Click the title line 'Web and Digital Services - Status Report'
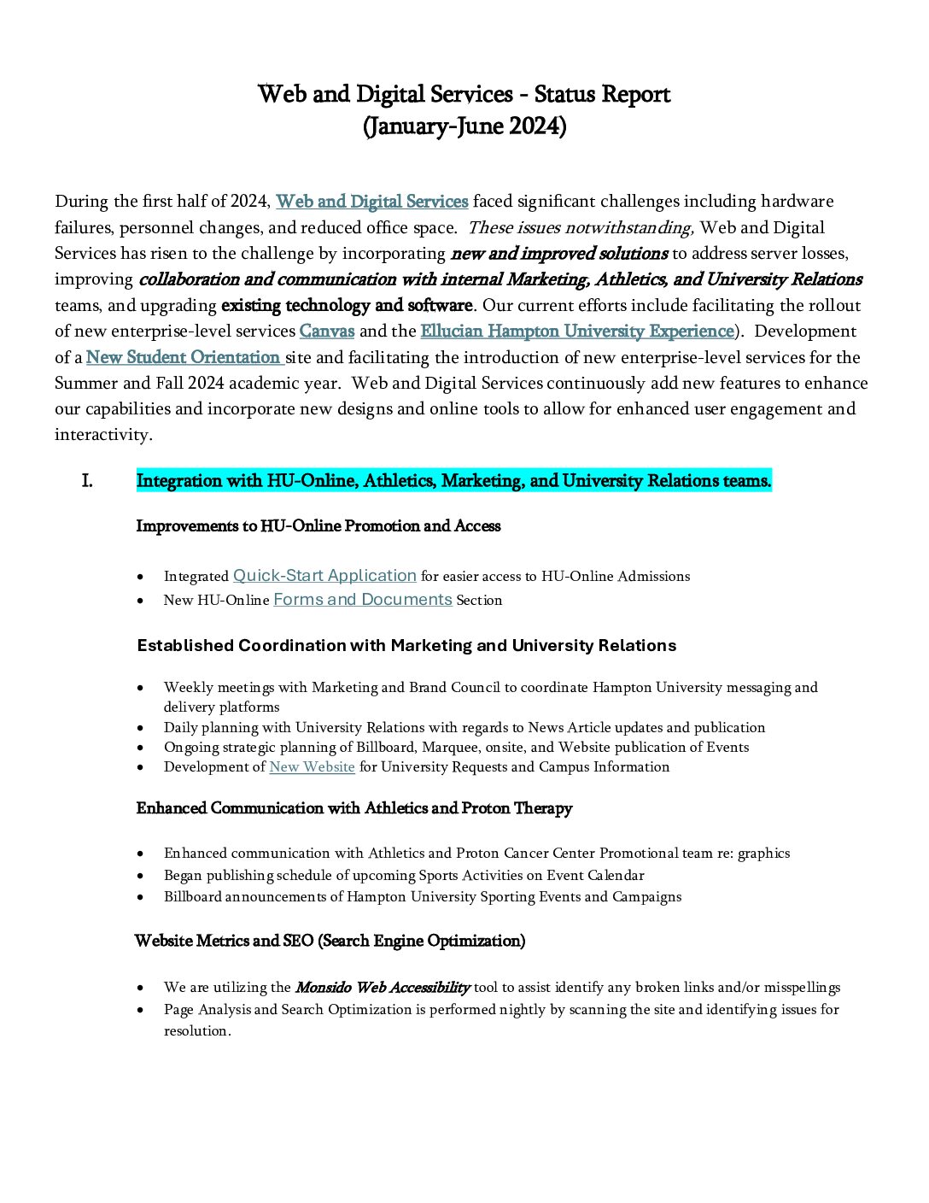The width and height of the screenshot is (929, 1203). pyautogui.click(x=464, y=94)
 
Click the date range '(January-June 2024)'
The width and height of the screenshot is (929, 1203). pyautogui.click(x=464, y=126)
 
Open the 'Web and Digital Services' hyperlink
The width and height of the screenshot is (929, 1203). pyautogui.click(x=371, y=202)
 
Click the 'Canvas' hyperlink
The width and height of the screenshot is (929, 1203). pyautogui.click(x=326, y=332)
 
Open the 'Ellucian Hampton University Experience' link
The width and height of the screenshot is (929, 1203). pyautogui.click(x=577, y=332)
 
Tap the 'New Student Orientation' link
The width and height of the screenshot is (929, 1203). pyautogui.click(x=184, y=357)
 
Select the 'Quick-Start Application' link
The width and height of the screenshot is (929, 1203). pyautogui.click(x=324, y=576)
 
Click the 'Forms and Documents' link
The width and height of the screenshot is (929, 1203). pyautogui.click(x=362, y=600)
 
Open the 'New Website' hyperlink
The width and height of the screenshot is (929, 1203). pyautogui.click(x=312, y=767)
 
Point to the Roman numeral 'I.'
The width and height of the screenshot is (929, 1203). pyautogui.click(x=87, y=481)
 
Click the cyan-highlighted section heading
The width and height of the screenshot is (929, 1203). pyautogui.click(x=453, y=481)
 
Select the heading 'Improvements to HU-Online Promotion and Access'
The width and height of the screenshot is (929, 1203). pyautogui.click(x=318, y=526)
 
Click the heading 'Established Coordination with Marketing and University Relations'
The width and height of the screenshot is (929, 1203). pyautogui.click(x=406, y=646)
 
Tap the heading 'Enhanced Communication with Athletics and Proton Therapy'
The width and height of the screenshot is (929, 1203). pyautogui.click(x=353, y=808)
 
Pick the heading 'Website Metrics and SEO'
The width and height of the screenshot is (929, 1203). pyautogui.click(x=330, y=941)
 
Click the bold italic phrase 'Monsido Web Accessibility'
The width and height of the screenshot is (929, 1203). pyautogui.click(x=382, y=988)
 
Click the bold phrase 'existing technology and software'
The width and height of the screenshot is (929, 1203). pyautogui.click(x=347, y=306)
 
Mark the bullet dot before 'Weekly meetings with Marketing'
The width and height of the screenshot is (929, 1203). pyautogui.click(x=141, y=688)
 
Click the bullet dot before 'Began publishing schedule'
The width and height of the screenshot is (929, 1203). pyautogui.click(x=141, y=876)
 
